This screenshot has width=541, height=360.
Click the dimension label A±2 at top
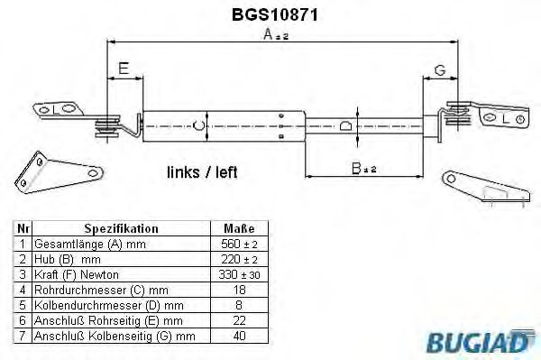(274, 35)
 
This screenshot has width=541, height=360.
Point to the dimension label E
(123, 69)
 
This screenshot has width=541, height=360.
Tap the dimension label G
(440, 69)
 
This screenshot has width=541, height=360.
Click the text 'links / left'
(202, 171)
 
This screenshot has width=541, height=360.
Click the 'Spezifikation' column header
(121, 229)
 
